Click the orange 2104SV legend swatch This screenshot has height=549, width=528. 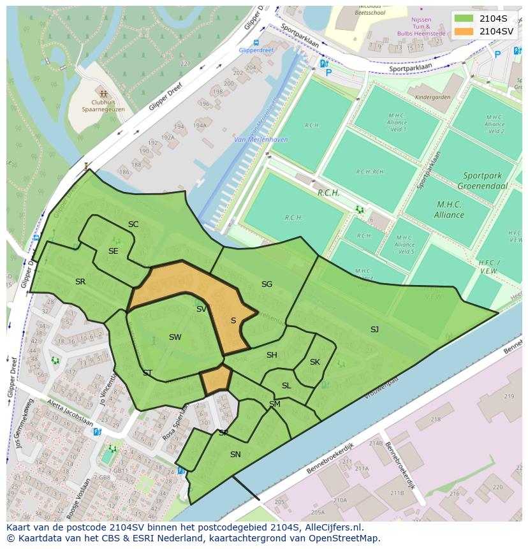tap(464, 31)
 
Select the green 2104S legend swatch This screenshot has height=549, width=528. tap(464, 18)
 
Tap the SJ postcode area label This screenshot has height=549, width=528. tap(374, 329)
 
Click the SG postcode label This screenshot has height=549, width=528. tap(267, 284)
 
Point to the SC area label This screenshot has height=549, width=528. tap(133, 224)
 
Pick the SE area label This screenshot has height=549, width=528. tap(113, 251)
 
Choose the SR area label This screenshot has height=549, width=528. tap(80, 281)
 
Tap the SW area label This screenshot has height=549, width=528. tap(175, 337)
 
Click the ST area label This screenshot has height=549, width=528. tap(147, 372)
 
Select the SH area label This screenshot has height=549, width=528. tap(272, 355)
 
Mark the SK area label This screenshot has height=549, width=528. tap(314, 362)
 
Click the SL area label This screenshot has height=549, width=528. tap(286, 385)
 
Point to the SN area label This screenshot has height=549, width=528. tap(235, 454)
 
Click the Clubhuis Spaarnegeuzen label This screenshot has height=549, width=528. tap(103, 105)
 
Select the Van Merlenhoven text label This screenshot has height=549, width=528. tap(261, 140)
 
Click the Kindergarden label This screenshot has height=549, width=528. tap(432, 98)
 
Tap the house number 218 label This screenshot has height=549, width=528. tap(436, 419)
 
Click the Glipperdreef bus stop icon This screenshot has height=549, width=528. tap(256, 43)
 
